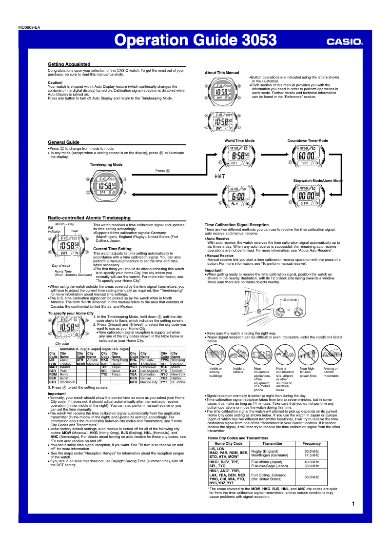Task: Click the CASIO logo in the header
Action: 345,42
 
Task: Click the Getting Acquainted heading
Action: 69,64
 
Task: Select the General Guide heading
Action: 63,142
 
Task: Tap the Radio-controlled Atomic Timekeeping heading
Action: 89,217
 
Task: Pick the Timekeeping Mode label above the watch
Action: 106,165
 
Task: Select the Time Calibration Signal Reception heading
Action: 236,225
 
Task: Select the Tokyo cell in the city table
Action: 117,375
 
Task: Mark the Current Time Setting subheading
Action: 112,249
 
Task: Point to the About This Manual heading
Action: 222,73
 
